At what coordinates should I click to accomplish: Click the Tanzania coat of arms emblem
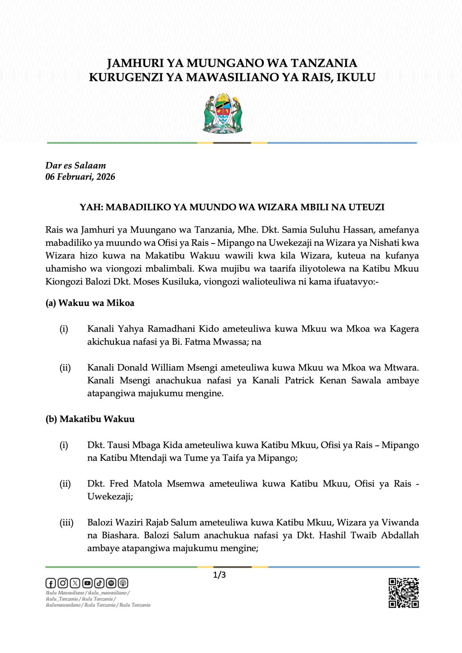click(223, 114)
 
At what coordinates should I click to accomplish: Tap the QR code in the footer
click(403, 593)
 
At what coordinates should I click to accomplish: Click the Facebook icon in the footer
click(51, 583)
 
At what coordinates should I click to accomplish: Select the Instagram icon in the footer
click(62, 583)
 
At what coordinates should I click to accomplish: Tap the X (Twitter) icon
click(75, 583)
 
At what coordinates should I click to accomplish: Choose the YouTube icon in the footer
click(87, 583)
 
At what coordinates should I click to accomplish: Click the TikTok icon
click(99, 583)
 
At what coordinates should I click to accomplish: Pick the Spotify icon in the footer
click(111, 583)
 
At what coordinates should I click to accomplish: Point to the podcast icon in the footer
click(123, 583)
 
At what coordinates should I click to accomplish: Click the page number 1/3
click(219, 575)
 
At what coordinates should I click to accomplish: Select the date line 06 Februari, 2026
click(80, 177)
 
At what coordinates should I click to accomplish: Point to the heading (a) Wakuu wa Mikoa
click(90, 303)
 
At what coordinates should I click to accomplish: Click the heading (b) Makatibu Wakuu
click(90, 419)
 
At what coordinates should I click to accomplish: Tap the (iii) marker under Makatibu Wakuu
click(66, 522)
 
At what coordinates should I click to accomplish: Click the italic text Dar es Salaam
click(76, 166)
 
